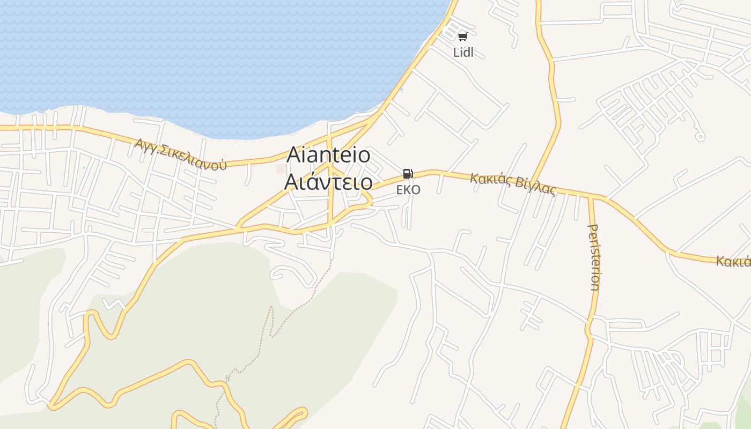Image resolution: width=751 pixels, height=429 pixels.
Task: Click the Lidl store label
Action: tap(463, 53)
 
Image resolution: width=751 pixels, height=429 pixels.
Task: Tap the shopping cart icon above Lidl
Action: tap(462, 36)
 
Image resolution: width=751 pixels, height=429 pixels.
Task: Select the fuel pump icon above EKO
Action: tap(408, 174)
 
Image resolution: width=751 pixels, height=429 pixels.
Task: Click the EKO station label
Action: tap(408, 190)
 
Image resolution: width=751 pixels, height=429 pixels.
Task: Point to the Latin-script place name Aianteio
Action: tap(328, 155)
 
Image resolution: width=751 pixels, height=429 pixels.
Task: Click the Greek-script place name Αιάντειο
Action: tap(328, 182)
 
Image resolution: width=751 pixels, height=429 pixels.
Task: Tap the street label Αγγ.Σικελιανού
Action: tap(180, 154)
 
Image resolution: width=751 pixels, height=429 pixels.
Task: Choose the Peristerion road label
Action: tap(594, 257)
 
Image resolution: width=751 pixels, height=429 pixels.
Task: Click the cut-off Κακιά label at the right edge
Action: tap(733, 261)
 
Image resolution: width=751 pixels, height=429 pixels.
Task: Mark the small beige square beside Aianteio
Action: tap(281, 169)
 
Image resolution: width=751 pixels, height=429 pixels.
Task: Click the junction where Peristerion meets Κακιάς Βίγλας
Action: tap(591, 197)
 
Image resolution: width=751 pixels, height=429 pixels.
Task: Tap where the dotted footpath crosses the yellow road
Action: tap(227, 382)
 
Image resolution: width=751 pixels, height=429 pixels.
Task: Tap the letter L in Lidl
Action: tap(456, 53)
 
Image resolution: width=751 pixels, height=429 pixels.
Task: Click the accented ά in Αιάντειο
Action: tap(311, 182)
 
